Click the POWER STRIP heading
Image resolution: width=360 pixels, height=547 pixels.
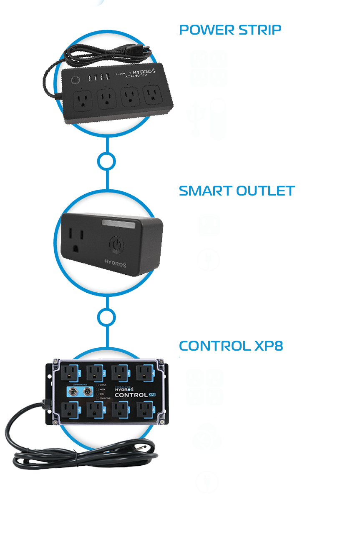pyautogui.click(x=229, y=30)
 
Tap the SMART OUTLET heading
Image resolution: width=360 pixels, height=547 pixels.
pyautogui.click(x=237, y=191)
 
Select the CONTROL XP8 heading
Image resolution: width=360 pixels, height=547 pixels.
pyautogui.click(x=231, y=346)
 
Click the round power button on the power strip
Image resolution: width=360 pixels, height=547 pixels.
pyautogui.click(x=76, y=80)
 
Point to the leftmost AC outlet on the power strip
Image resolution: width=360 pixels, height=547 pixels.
pyautogui.click(x=83, y=100)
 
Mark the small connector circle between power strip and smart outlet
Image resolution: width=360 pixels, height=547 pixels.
pyautogui.click(x=106, y=161)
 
